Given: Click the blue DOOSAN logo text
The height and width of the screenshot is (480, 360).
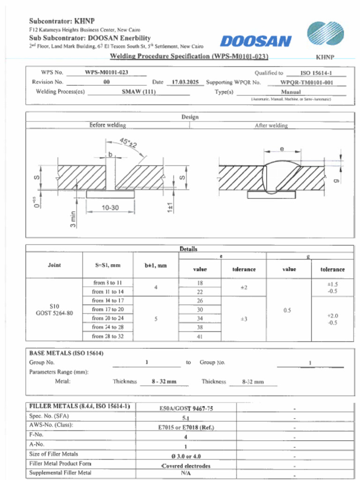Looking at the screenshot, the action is [x=255, y=41].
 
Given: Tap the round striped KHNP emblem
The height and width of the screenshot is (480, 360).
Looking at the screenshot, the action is [x=325, y=33].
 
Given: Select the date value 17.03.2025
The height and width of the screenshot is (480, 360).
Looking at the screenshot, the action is [x=185, y=82].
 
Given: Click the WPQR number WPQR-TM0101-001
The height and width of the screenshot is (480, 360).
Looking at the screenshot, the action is [x=307, y=82].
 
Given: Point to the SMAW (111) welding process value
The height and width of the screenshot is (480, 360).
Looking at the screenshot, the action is [x=139, y=91].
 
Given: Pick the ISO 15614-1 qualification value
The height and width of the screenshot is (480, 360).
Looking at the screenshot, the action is [x=316, y=73].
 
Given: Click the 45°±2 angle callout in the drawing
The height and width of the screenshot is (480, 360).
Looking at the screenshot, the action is [x=128, y=142].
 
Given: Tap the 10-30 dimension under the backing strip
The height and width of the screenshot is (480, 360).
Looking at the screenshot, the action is [x=110, y=208].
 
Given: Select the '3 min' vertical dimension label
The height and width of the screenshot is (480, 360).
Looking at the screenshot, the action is [x=73, y=219].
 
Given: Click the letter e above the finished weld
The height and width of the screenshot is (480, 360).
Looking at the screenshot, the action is [x=282, y=149].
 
